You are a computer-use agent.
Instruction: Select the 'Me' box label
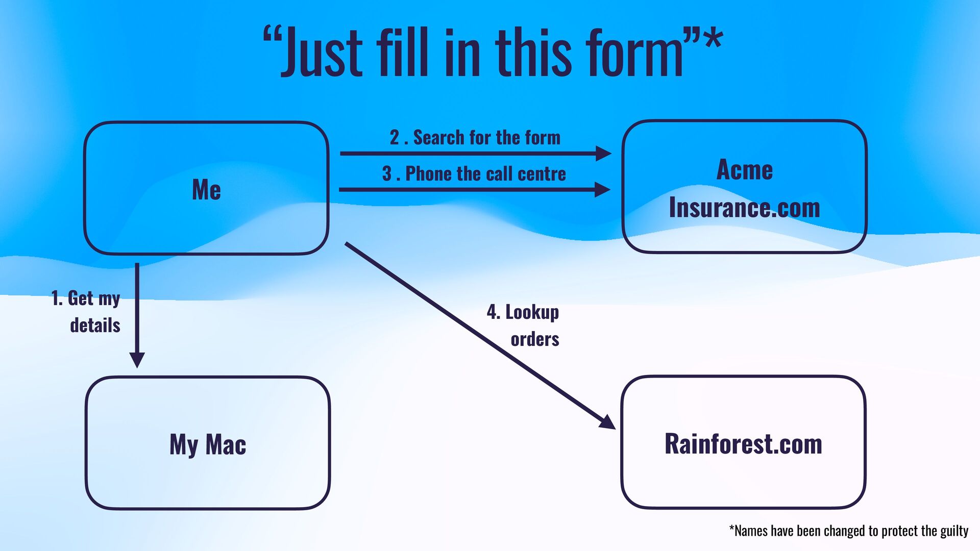pyautogui.click(x=206, y=190)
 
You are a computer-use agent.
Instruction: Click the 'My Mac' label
pyautogui.click(x=208, y=444)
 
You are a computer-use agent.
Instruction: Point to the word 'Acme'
pyautogui.click(x=744, y=169)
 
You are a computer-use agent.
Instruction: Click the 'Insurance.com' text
pyautogui.click(x=744, y=208)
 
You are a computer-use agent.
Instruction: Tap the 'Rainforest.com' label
pyautogui.click(x=743, y=444)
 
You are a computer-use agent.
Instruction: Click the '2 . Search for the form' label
pyautogui.click(x=475, y=138)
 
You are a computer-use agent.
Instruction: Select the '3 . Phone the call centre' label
pyautogui.click(x=474, y=174)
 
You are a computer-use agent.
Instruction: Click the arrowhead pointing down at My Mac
pyautogui.click(x=137, y=359)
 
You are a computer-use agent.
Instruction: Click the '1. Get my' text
pyautogui.click(x=86, y=298)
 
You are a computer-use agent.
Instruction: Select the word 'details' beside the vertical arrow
pyautogui.click(x=95, y=325)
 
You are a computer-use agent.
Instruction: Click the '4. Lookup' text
pyautogui.click(x=523, y=312)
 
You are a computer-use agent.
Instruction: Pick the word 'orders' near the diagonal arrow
pyautogui.click(x=535, y=339)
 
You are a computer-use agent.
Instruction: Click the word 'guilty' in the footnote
pyautogui.click(x=954, y=531)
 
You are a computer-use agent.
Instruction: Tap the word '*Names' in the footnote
pyautogui.click(x=748, y=531)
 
